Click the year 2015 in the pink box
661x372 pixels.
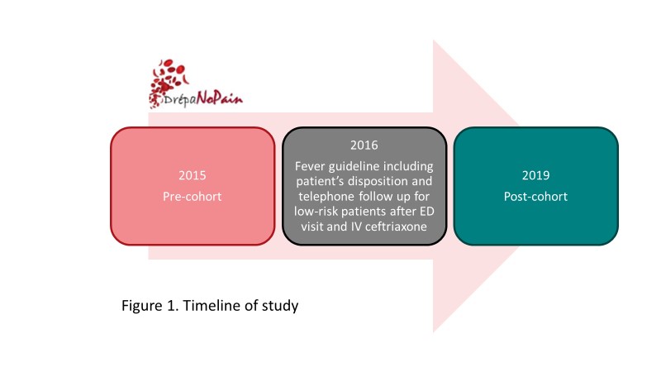193,175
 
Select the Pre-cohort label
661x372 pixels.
193,197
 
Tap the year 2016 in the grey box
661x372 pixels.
364,145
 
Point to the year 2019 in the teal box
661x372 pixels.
535,175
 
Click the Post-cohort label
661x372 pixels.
535,197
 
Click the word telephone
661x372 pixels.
326,197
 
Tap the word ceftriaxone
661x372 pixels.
396,227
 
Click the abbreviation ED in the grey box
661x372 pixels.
426,212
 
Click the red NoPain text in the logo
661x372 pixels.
220,98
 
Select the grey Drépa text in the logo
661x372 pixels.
179,99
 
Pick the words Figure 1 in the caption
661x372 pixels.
150,306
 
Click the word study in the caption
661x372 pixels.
280,306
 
